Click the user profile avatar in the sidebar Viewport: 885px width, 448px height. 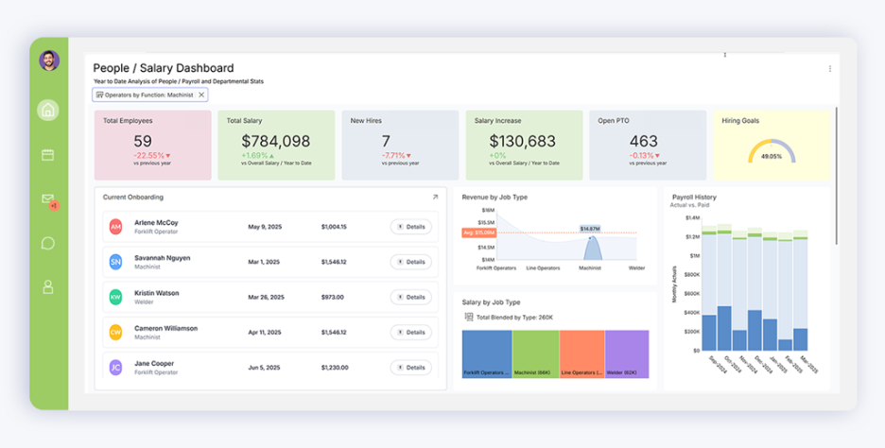click(49, 60)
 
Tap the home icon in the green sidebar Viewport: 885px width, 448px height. click(48, 110)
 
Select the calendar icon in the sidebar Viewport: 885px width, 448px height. click(48, 154)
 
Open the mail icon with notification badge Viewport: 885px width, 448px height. click(48, 199)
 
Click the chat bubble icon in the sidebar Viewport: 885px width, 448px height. click(48, 243)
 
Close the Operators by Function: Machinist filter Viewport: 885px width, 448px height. click(201, 95)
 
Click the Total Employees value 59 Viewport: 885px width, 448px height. click(142, 141)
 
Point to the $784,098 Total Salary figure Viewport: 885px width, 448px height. click(275, 141)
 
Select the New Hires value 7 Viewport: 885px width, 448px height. click(386, 141)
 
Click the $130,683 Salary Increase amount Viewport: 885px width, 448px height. click(524, 141)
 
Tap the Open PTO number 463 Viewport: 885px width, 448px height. click(643, 141)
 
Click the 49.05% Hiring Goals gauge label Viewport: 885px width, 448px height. click(772, 157)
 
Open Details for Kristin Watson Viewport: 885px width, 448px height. click(411, 297)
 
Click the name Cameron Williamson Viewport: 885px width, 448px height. click(165, 328)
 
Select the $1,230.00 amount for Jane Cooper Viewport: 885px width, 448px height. click(334, 368)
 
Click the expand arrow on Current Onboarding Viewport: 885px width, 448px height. click(435, 198)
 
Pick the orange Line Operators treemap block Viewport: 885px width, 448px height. click(581, 353)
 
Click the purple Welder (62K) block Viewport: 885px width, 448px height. click(627, 353)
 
